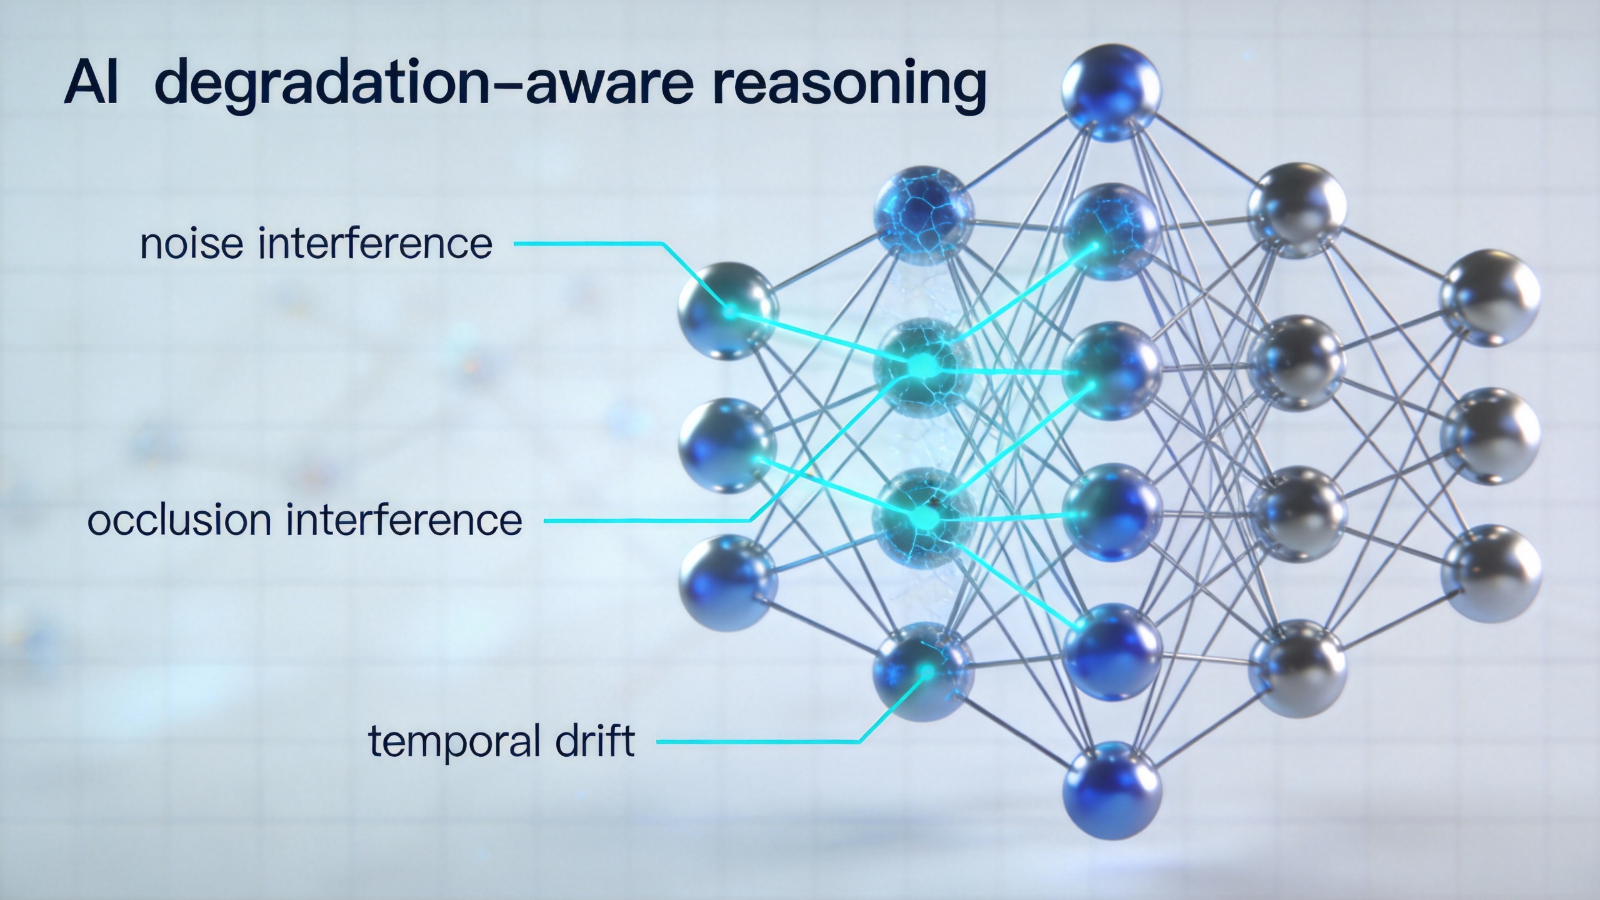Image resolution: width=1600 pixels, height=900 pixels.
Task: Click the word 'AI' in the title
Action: [91, 83]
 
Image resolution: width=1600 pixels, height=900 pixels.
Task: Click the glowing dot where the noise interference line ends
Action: [729, 311]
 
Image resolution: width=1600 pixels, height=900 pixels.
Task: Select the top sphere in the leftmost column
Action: [728, 311]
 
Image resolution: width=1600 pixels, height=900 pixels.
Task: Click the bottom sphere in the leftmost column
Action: [728, 582]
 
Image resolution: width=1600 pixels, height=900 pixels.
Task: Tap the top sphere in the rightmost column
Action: [1491, 298]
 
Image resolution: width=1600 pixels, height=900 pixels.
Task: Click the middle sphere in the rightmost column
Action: [1491, 436]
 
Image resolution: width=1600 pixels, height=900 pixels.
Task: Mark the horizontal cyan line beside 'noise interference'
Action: [587, 244]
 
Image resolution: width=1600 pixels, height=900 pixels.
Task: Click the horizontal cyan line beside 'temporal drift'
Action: [756, 742]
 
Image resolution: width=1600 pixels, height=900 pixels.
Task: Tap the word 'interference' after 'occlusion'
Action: [404, 519]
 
